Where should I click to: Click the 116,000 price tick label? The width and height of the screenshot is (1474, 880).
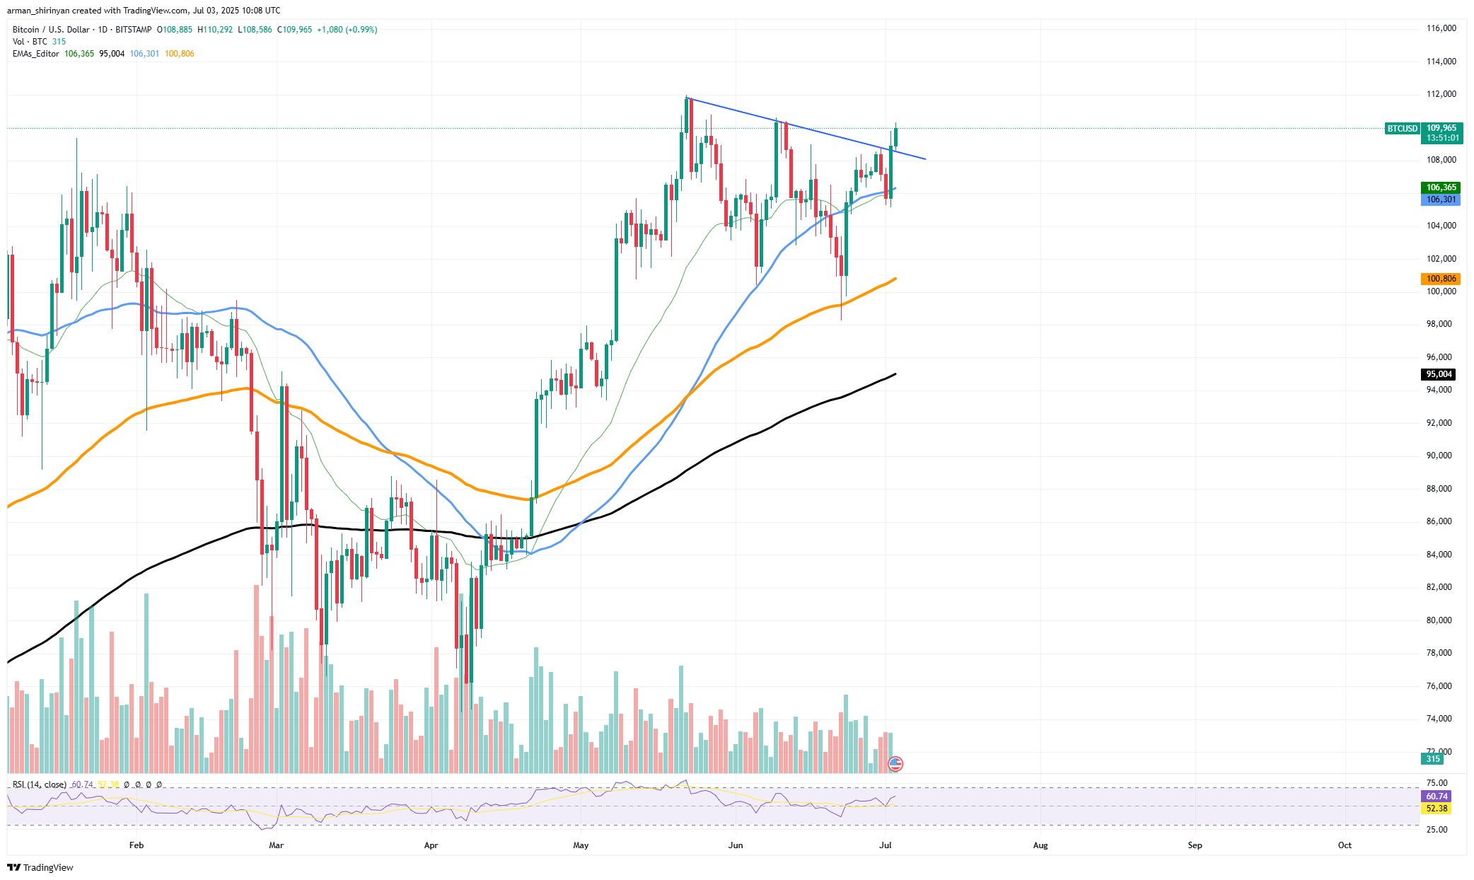(x=1441, y=28)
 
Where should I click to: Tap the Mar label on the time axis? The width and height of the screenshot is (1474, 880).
(x=276, y=845)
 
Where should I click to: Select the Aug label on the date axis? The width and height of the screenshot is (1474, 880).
(x=1040, y=845)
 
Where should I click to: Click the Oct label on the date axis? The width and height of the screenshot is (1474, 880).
(x=1344, y=845)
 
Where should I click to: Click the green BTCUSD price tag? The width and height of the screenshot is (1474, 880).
(x=1402, y=129)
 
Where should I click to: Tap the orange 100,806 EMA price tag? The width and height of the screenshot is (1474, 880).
(x=1441, y=279)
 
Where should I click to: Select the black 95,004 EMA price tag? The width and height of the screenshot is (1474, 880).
(x=1439, y=374)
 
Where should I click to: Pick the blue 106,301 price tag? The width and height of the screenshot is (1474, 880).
(x=1441, y=199)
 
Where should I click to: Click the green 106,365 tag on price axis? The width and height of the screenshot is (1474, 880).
(x=1441, y=187)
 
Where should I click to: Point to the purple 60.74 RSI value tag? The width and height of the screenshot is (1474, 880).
(x=1437, y=797)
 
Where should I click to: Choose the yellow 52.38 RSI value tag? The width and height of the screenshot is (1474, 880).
(x=1437, y=809)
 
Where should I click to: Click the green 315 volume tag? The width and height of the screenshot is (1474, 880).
(x=1432, y=759)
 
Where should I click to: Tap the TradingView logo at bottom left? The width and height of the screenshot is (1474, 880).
(x=40, y=867)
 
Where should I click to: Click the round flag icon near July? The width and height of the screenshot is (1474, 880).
(x=895, y=763)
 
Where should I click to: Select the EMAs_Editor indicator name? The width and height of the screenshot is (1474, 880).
(x=35, y=54)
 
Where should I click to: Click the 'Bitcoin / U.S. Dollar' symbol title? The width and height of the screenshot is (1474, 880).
(x=51, y=30)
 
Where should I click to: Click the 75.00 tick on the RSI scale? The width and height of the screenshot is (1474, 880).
(x=1437, y=783)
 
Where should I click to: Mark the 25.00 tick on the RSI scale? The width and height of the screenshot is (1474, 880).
(x=1437, y=829)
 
